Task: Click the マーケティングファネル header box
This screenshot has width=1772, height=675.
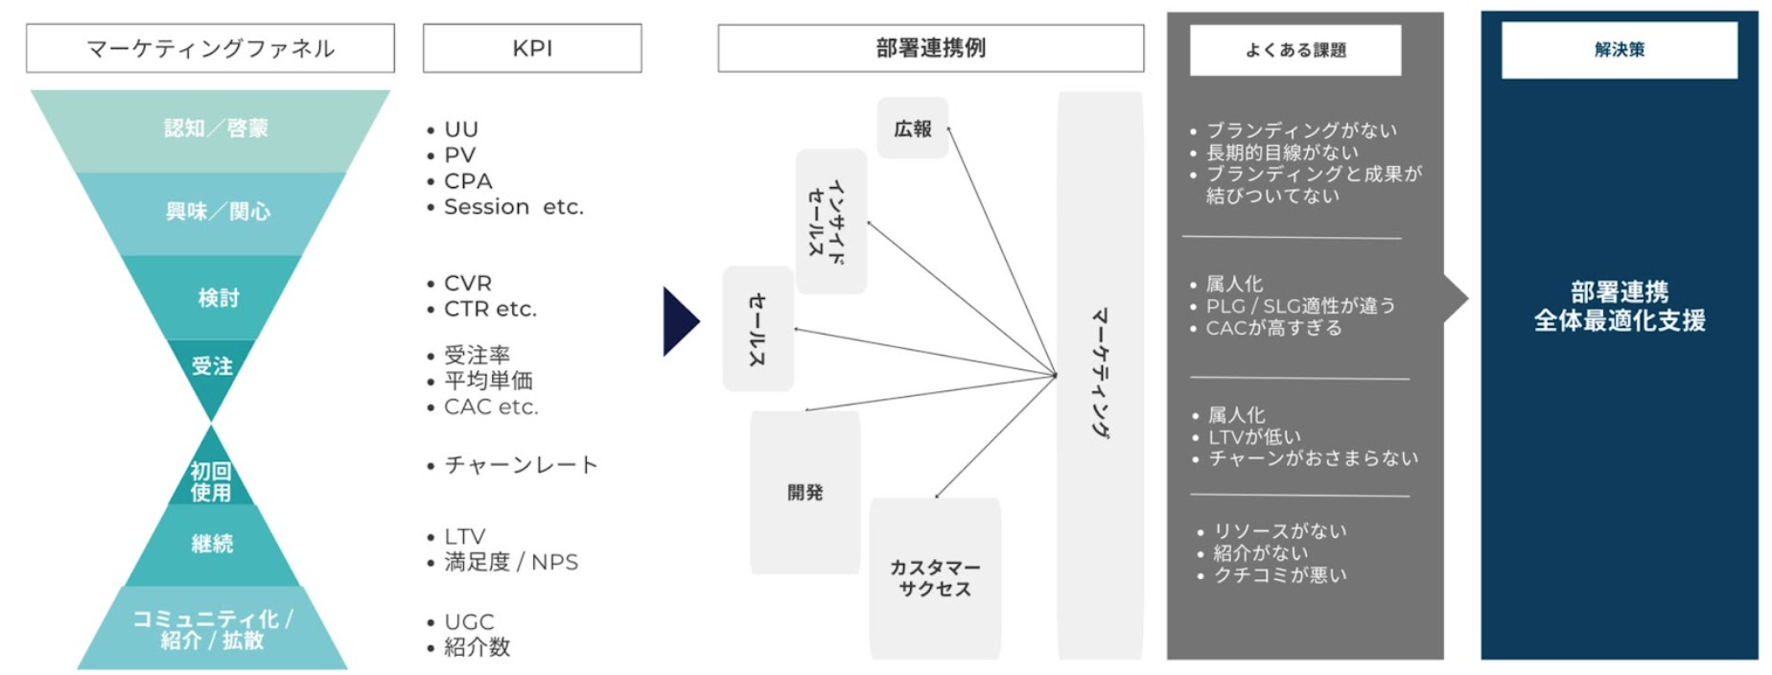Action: point(210,48)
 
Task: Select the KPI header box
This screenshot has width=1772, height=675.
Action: point(532,48)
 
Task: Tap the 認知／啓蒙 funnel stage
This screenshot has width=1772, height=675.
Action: point(215,128)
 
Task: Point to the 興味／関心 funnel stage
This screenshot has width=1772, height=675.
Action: point(217,212)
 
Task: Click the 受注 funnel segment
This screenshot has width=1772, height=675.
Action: point(212,366)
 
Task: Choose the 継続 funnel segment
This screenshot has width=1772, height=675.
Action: point(212,544)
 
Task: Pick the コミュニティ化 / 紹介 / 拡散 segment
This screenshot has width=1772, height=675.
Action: point(212,629)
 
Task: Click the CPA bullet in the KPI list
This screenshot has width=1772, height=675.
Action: point(467,181)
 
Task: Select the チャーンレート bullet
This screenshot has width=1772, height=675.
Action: point(520,465)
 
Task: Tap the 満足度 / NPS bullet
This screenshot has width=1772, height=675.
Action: point(510,562)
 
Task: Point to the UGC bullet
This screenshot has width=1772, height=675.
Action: point(469,622)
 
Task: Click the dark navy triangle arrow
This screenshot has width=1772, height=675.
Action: point(679,322)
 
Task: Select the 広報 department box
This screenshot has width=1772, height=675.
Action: point(913,128)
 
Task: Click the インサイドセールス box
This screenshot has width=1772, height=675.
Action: point(830,221)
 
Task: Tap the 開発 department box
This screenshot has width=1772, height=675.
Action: point(805,493)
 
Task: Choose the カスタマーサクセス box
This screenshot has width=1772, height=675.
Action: point(935,578)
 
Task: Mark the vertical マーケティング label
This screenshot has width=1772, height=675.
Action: point(1100,374)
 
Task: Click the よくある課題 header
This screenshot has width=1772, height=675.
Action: point(1294,50)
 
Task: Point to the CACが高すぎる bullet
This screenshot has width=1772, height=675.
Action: point(1273,328)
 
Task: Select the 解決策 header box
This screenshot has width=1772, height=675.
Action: point(1619,50)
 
